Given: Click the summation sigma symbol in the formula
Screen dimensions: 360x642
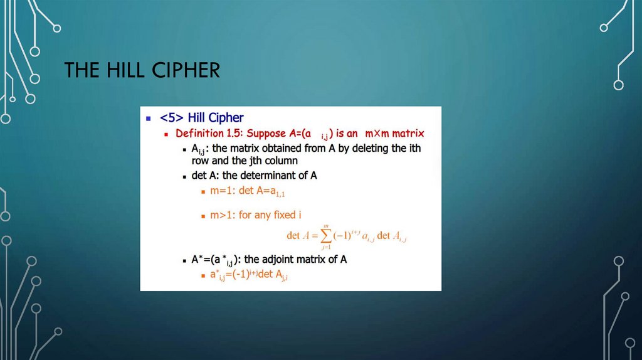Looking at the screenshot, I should pyautogui.click(x=325, y=236).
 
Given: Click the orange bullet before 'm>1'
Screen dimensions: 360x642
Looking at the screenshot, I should pyautogui.click(x=203, y=216).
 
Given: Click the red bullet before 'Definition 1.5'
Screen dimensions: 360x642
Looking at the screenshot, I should pyautogui.click(x=167, y=134).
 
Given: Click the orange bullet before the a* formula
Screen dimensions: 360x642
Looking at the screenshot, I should pyautogui.click(x=203, y=275).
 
